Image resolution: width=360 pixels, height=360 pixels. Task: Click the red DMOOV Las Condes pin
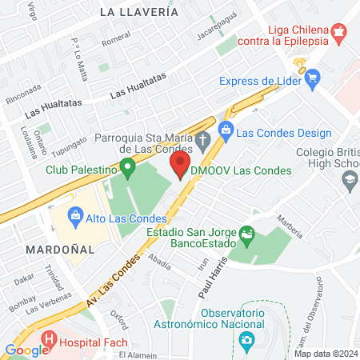point(180,166)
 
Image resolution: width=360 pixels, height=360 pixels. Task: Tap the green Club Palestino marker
point(126,168)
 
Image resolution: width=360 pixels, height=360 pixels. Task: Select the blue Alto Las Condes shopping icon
point(75,214)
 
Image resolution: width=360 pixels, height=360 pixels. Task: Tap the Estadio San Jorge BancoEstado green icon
point(246,237)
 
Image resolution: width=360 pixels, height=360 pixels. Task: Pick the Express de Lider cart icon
point(312,78)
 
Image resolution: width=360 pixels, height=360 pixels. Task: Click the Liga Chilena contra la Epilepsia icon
point(339,34)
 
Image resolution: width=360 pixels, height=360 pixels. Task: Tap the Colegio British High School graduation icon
point(349,182)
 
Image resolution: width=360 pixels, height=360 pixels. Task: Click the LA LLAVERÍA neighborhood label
point(139,12)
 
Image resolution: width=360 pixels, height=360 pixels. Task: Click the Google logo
point(26,350)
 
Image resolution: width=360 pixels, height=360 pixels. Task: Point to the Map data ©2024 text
point(326,354)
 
